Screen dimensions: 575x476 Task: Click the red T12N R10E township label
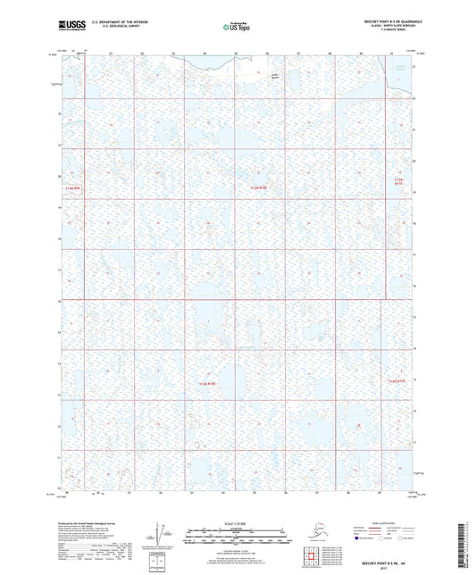click(x=258, y=187)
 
